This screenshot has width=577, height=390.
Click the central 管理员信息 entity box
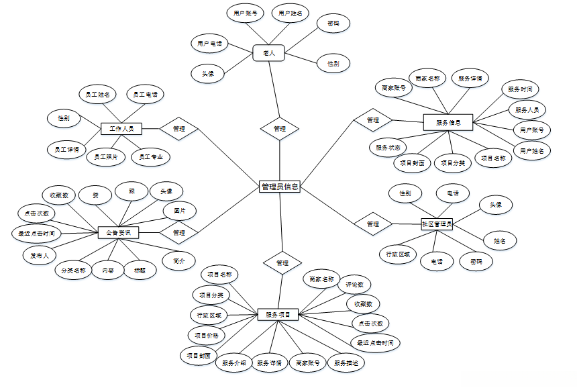[280, 187]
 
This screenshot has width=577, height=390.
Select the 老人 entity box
[269, 52]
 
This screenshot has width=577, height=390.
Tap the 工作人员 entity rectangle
[121, 128]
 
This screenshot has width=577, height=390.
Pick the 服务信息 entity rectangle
[449, 123]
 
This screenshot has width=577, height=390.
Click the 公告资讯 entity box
[118, 233]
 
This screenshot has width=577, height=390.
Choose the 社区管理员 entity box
[437, 224]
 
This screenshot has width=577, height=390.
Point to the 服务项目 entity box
[278, 314]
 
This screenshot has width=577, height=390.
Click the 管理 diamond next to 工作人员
[178, 128]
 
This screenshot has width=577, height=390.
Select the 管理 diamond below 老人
[280, 128]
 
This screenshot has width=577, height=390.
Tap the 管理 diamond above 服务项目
[282, 262]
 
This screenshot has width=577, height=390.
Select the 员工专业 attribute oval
[151, 158]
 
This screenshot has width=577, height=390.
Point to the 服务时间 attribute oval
[520, 89]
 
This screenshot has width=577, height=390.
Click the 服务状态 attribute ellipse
[388, 146]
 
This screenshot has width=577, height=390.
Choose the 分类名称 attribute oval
[73, 271]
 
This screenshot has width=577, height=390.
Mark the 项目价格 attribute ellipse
[206, 334]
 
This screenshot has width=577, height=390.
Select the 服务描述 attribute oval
[348, 363]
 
